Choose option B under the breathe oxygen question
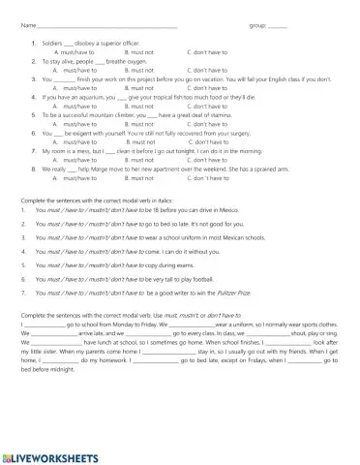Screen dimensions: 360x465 click(139, 70)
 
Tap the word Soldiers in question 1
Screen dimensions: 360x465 click(52, 44)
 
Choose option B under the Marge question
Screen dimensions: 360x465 click(139, 178)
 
